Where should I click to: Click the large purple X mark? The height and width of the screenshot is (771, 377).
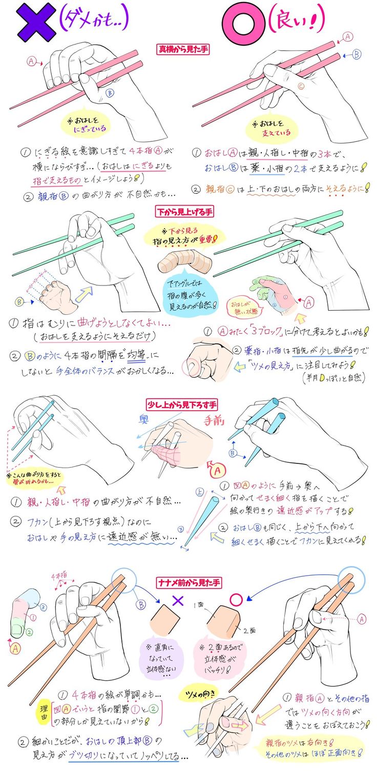[35, 22]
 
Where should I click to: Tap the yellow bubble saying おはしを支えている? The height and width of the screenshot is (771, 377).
[272, 128]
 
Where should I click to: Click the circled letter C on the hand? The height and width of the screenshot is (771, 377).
[301, 86]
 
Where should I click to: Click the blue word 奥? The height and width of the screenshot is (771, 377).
[143, 419]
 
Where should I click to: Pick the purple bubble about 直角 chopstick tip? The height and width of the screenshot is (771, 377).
[159, 655]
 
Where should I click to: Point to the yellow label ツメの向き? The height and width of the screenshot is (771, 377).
[203, 693]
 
